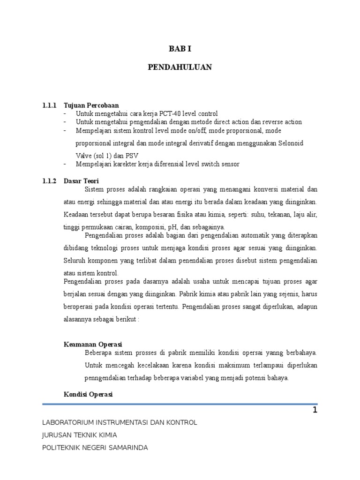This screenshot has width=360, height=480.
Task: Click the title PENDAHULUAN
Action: pyautogui.click(x=180, y=67)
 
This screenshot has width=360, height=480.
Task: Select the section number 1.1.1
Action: pyautogui.click(x=49, y=105)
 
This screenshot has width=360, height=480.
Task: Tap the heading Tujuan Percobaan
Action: pyautogui.click(x=91, y=105)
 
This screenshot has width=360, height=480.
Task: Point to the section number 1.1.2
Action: pyautogui.click(x=49, y=180)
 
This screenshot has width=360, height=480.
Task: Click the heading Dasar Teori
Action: pyautogui.click(x=82, y=180)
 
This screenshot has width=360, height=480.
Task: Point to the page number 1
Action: pyautogui.click(x=315, y=411)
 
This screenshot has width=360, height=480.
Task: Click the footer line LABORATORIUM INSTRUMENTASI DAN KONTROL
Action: pyautogui.click(x=120, y=422)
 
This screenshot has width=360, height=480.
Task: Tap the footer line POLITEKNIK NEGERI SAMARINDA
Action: pyautogui.click(x=95, y=448)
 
